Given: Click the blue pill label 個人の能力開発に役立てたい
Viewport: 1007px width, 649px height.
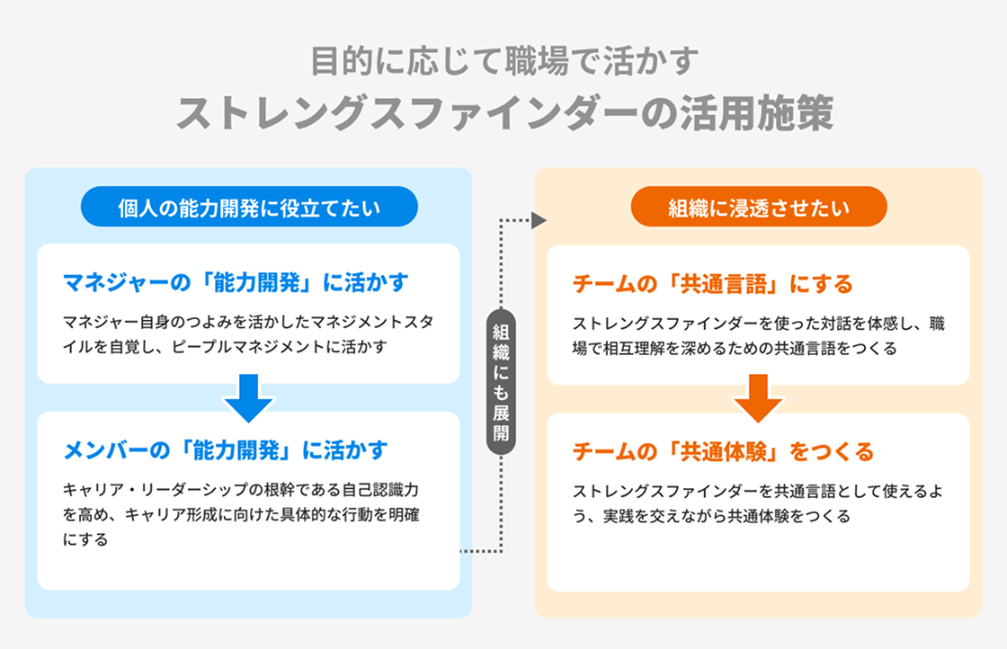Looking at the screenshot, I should tap(249, 209).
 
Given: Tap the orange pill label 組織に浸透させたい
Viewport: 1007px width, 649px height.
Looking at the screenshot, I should tap(759, 209).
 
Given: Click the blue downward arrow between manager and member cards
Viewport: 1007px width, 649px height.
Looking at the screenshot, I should tap(248, 398).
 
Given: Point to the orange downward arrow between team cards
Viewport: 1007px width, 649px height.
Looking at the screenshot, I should tap(758, 398).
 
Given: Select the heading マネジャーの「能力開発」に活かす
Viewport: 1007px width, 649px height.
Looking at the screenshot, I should tap(236, 283).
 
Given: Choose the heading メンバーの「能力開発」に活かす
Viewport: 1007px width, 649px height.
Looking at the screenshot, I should tap(226, 449).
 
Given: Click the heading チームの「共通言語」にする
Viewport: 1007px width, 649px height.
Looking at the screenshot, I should tap(712, 284).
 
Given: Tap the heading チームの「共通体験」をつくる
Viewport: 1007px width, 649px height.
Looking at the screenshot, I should tap(723, 450).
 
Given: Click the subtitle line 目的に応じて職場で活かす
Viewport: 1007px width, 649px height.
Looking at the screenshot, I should tap(503, 63).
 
